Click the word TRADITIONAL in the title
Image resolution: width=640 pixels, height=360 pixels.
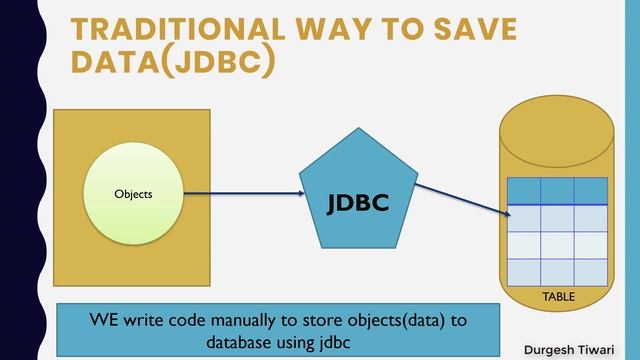point(170,29)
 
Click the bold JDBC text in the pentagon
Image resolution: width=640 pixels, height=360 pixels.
point(357,202)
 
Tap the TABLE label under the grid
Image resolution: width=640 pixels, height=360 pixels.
point(558,298)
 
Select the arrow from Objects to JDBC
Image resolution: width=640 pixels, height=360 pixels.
point(240,194)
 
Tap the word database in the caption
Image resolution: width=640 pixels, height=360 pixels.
point(246,342)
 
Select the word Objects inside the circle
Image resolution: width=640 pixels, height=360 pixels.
point(134,194)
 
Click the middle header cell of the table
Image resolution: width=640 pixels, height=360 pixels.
point(557,191)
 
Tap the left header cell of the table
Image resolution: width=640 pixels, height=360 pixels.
point(523,191)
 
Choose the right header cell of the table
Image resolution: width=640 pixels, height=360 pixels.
point(591,191)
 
